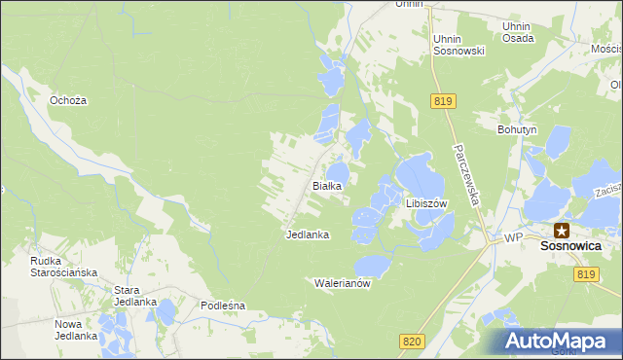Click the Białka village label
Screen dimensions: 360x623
point(325,185)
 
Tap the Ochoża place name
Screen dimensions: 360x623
point(69,100)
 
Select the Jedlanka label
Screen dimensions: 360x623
point(308,234)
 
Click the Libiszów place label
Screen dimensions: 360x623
point(425,203)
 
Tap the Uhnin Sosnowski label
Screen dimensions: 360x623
point(458,45)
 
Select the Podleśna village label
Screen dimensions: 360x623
point(223,306)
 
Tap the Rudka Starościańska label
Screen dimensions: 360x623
point(63,267)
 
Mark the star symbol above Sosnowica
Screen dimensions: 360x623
point(562,231)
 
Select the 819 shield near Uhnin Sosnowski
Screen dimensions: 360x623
point(442,101)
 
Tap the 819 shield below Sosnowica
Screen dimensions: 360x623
point(586,275)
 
